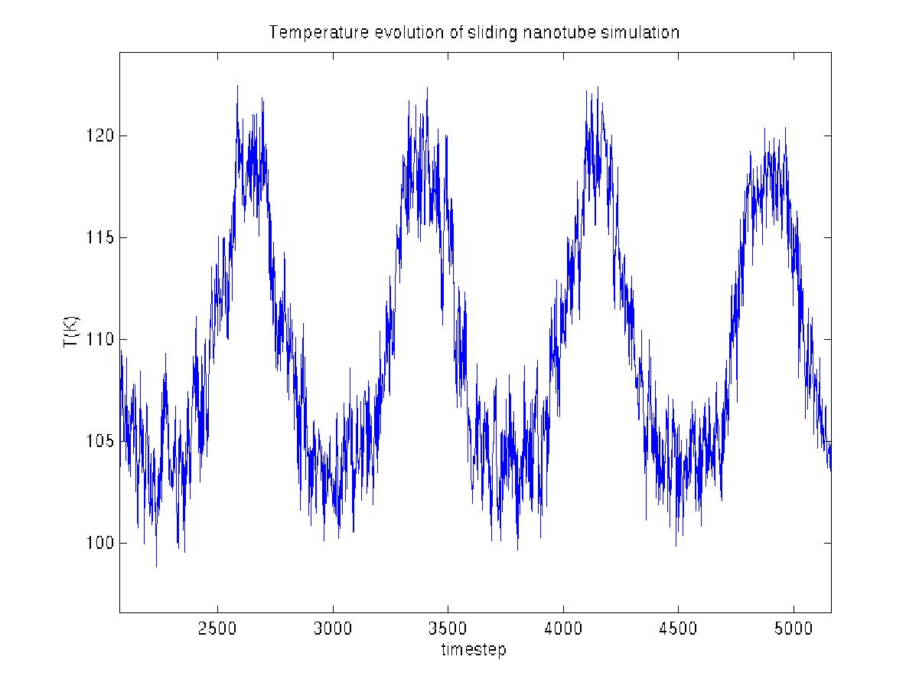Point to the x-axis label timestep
click(x=473, y=651)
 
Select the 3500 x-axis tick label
click(x=448, y=631)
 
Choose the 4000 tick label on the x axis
click(x=563, y=631)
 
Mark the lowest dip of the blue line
click(x=156, y=566)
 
